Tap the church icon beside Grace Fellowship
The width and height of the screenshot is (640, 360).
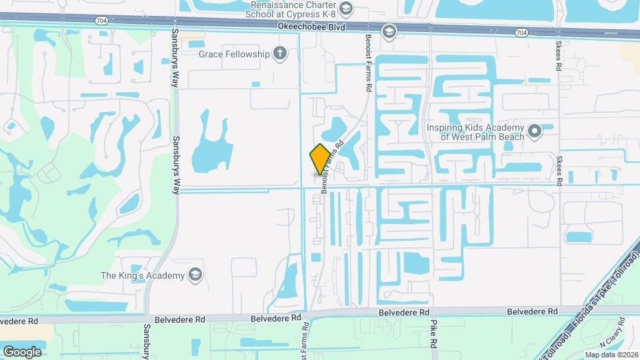281,53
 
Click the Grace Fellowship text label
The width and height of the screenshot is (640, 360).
234,53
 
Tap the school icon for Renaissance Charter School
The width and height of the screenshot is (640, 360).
345,8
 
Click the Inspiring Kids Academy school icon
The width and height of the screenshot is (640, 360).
534,131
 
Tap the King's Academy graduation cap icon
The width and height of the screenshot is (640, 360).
195,275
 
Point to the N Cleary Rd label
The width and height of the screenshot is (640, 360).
611,341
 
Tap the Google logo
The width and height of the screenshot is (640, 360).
22,351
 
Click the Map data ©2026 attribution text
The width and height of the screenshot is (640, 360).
611,355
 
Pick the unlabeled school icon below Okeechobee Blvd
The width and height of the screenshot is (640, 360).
389,31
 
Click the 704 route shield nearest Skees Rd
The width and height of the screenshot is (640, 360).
521,32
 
